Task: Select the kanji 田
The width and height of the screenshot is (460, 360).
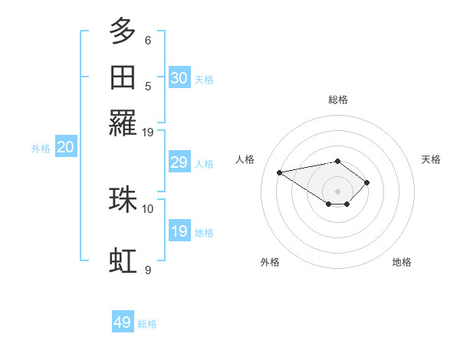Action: click(x=123, y=77)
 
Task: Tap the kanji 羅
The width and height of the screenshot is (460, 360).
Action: click(x=123, y=123)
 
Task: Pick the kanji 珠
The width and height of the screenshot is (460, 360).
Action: click(x=123, y=199)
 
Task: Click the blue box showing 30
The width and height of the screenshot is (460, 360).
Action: click(x=179, y=78)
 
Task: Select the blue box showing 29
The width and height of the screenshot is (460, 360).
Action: click(x=179, y=162)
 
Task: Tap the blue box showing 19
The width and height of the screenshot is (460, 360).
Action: click(x=179, y=231)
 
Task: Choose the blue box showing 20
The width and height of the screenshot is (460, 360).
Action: click(x=65, y=148)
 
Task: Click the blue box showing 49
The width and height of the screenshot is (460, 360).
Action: click(x=123, y=322)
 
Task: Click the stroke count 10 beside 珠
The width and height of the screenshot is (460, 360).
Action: click(x=148, y=208)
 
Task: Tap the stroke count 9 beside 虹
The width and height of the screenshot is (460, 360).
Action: click(x=148, y=270)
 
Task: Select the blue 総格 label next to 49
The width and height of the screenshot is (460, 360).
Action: click(x=147, y=324)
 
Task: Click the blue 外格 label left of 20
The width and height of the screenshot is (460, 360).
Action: click(x=41, y=149)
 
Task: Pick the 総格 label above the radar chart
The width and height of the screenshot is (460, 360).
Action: click(x=337, y=100)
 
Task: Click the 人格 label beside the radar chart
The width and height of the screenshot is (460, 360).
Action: click(x=245, y=159)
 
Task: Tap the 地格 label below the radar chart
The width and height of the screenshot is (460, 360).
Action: click(x=402, y=262)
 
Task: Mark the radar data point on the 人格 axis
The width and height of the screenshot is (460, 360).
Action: click(x=280, y=172)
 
